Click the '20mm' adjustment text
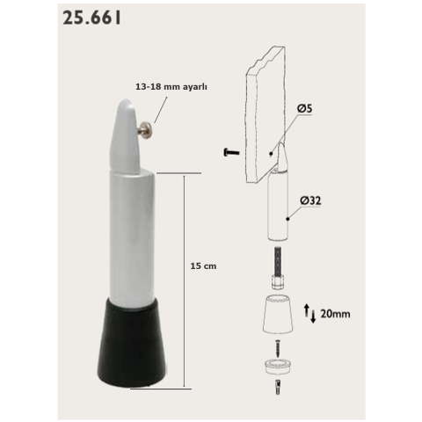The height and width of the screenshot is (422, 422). coord(338,313)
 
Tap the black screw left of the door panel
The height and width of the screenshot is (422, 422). coord(231,152)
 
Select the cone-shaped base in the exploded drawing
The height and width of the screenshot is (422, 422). coord(280,315)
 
